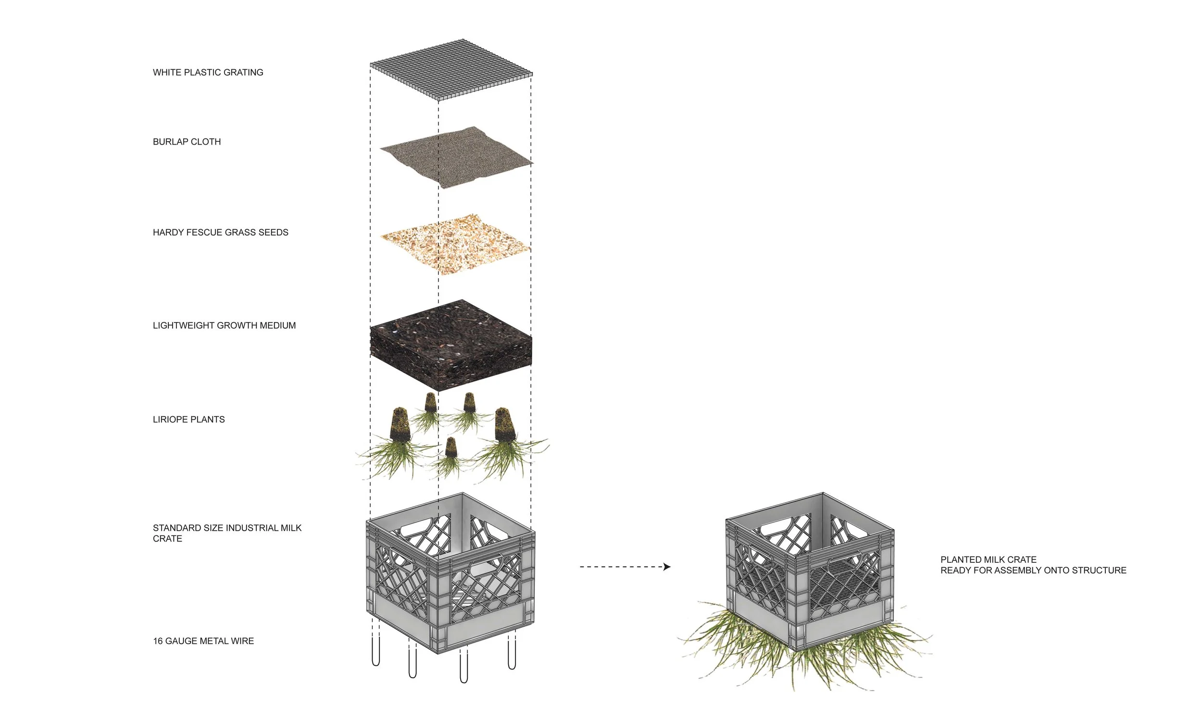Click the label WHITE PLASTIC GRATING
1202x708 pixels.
[x=208, y=73]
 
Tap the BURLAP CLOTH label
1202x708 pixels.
[x=187, y=142]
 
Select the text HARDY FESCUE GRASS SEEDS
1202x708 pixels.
[x=220, y=233]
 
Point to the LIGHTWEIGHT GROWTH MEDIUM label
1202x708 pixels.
[x=224, y=325]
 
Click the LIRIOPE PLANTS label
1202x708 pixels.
[x=188, y=420]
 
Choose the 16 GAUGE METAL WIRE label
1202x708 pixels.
[x=203, y=641]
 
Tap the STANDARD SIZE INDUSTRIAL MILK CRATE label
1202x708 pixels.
[x=227, y=533]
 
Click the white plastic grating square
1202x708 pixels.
[x=451, y=70]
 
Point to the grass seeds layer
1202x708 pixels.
[x=455, y=244]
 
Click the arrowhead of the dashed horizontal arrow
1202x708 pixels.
[x=667, y=567]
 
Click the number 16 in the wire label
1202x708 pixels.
[x=158, y=641]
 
